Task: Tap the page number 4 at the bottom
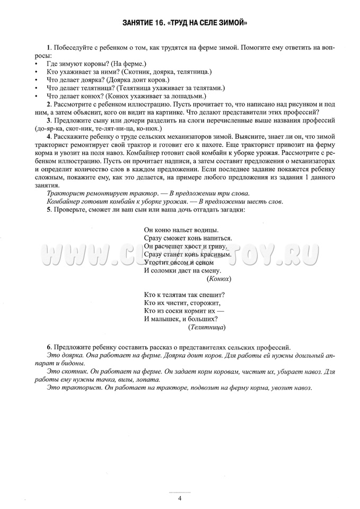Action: point(180,498)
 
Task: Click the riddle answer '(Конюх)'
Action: point(218,278)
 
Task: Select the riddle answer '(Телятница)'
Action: point(207,328)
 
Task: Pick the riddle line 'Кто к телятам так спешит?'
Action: point(185,294)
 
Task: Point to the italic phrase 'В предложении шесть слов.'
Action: point(241,201)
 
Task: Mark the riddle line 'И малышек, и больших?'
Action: point(180,319)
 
